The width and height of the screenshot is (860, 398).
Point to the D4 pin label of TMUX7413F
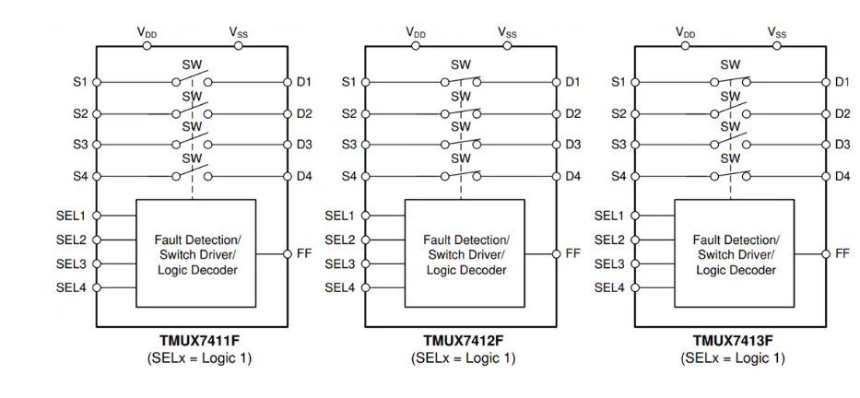tap(842, 175)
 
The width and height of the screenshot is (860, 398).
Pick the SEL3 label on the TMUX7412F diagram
tap(340, 263)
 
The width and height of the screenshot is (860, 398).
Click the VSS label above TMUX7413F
tap(778, 32)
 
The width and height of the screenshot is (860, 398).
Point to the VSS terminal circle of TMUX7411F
tap(239, 45)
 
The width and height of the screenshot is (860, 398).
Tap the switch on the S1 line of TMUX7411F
tap(194, 80)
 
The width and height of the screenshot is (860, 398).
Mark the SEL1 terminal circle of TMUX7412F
tap(365, 216)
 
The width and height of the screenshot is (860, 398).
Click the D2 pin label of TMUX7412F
tap(573, 113)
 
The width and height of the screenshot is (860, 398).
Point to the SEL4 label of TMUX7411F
tap(72, 287)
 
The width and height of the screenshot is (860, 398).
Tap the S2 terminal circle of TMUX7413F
tap(635, 113)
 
